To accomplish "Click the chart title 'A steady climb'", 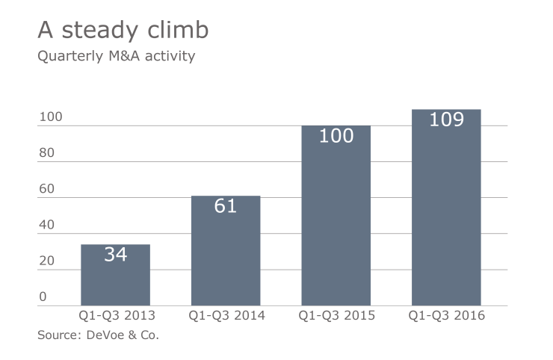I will pos(123,31).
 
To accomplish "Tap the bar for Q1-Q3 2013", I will pos(115,280).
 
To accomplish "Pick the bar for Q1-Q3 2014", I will pos(226,258).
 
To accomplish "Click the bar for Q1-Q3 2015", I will pos(336,224).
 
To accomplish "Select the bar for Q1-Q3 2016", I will pos(446,217).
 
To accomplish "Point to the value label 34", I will pos(115,254).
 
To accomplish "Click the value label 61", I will pos(226,206).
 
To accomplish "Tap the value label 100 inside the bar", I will pos(336,136).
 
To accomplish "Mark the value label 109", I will pos(446,120).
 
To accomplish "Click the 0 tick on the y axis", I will pos(43,297).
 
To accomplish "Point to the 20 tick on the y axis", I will pos(46,261).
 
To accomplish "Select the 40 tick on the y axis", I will pos(46,225).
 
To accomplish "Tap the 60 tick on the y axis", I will pos(46,189).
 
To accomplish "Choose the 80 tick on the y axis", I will pos(46,153).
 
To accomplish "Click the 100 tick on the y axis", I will pos(50,117).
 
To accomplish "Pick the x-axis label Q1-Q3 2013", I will pos(115,315).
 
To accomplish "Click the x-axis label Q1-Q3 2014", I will pos(226,315).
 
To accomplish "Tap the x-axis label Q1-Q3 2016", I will pos(446,315).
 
